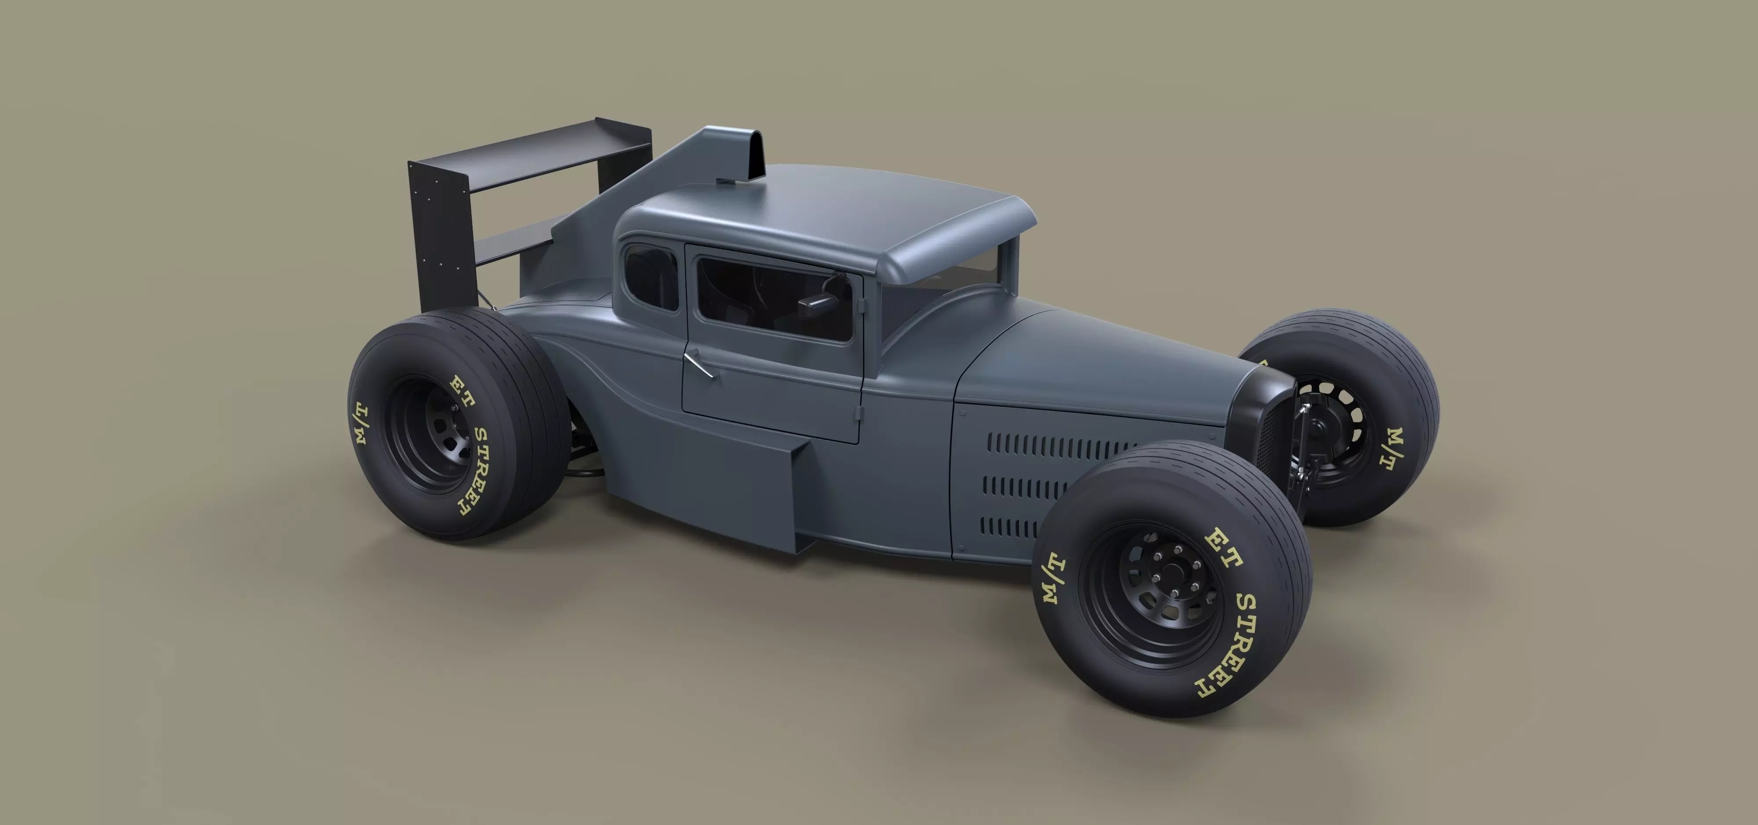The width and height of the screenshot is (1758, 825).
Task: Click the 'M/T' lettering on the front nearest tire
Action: (x=1054, y=577)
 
